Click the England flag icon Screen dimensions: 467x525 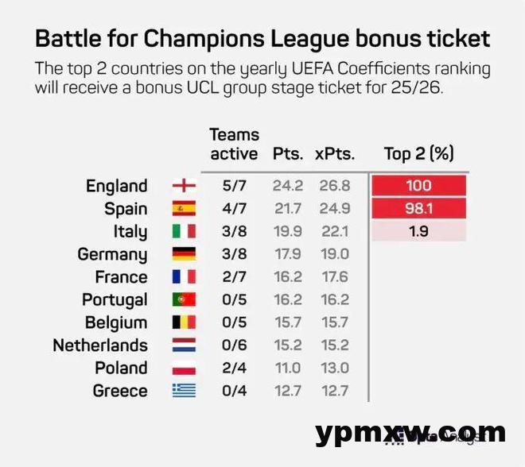click(184, 186)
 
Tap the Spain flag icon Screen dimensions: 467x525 click(184, 209)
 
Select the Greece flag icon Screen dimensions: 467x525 click(184, 391)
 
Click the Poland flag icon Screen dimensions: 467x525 click(184, 369)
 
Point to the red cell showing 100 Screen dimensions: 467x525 click(418, 186)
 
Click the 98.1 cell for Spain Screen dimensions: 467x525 click(418, 209)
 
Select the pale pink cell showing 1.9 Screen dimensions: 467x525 click(418, 232)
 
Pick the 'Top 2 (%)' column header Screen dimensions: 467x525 click(418, 153)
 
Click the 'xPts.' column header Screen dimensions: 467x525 click(335, 153)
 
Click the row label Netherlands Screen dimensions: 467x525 click(100, 345)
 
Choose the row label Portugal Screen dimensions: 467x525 click(115, 300)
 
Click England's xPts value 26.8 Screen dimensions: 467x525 click(333, 186)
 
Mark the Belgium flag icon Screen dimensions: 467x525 click(184, 322)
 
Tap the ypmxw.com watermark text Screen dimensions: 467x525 click(410, 433)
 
